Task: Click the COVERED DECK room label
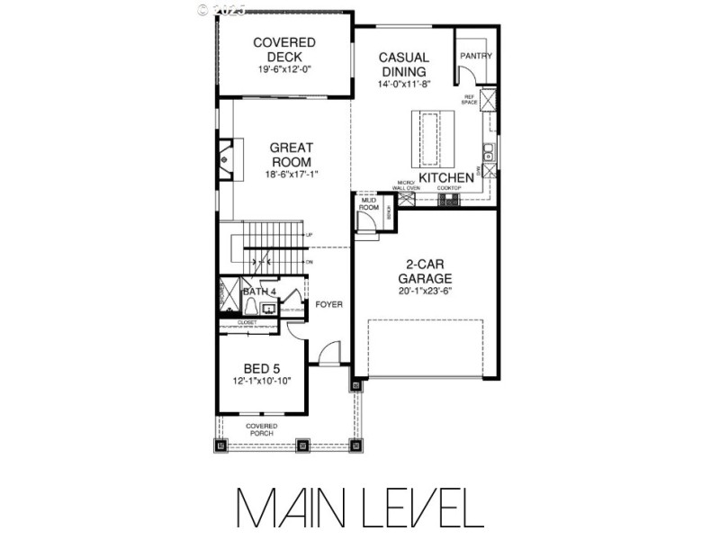click(283, 49)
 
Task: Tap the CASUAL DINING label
click(404, 64)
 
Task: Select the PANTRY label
click(476, 56)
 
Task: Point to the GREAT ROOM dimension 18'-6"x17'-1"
click(292, 174)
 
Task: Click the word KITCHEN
click(446, 178)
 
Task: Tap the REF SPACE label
click(469, 100)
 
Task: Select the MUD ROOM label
click(368, 204)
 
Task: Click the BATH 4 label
click(261, 292)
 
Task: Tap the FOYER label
click(328, 305)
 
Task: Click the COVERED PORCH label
click(262, 429)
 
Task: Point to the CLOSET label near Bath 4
click(247, 321)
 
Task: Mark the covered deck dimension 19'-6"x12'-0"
click(283, 69)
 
